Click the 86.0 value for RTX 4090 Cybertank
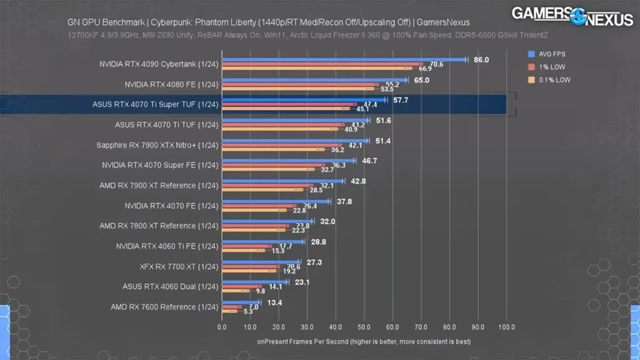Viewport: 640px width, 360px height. pyautogui.click(x=481, y=60)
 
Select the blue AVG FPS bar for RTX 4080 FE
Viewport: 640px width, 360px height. pyautogui.click(x=312, y=80)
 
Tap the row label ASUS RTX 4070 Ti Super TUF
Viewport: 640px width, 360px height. pyautogui.click(x=156, y=104)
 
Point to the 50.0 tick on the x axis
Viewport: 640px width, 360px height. pyautogui.click(x=364, y=327)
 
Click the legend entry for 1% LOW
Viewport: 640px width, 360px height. pyautogui.click(x=552, y=67)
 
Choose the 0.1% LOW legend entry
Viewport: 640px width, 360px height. pyautogui.click(x=554, y=79)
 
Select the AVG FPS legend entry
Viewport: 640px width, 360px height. pyautogui.click(x=551, y=54)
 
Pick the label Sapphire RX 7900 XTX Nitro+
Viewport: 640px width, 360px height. pyautogui.click(x=157, y=145)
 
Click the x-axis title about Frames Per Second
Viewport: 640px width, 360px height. pyautogui.click(x=364, y=342)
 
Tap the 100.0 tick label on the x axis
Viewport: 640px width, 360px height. pyautogui.click(x=506, y=327)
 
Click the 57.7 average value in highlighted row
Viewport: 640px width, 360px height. pyautogui.click(x=401, y=100)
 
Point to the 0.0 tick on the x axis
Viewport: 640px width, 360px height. pyautogui.click(x=222, y=327)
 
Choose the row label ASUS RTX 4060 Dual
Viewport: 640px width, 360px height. pyautogui.click(x=170, y=287)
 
